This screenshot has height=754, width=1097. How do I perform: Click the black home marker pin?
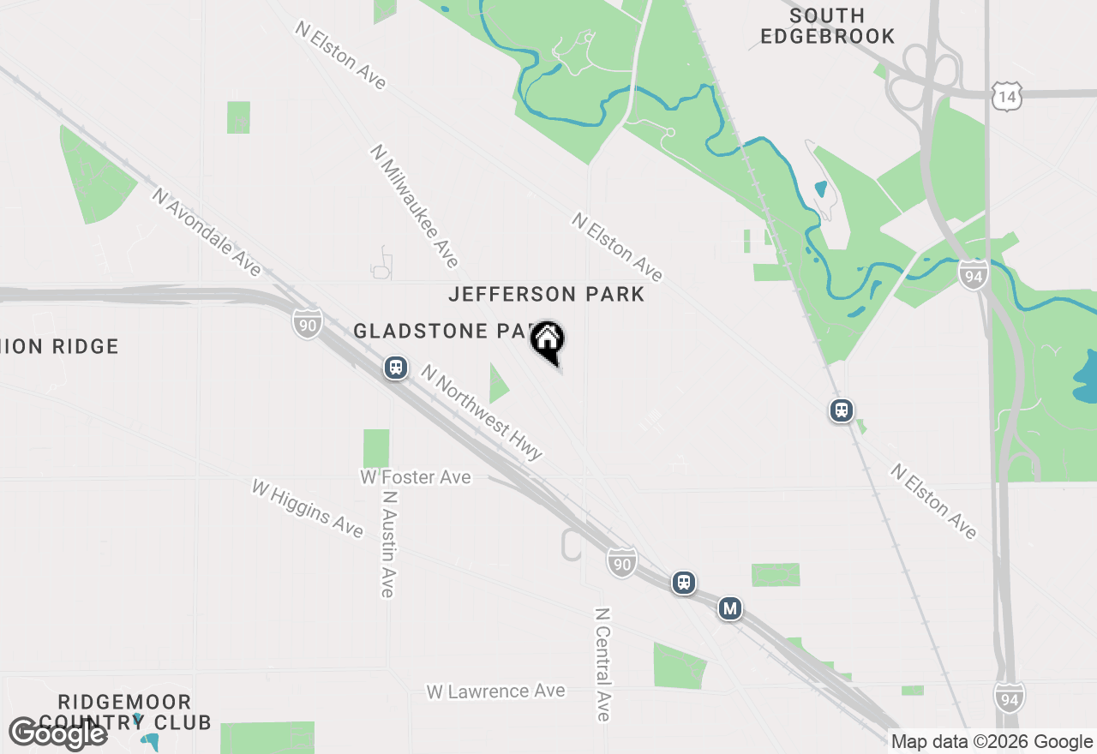pyautogui.click(x=547, y=340)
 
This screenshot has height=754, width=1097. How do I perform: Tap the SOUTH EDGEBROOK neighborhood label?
pyautogui.click(x=827, y=27)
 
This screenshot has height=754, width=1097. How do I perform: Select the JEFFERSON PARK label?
pyautogui.click(x=546, y=295)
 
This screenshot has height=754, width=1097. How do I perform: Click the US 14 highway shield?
pyautogui.click(x=1005, y=98)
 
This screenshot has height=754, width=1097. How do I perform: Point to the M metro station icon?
pyautogui.click(x=729, y=608)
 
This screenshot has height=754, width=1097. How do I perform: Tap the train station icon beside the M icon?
pyautogui.click(x=683, y=583)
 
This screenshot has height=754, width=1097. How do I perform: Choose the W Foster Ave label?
pyautogui.click(x=416, y=476)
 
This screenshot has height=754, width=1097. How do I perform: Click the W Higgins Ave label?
pyautogui.click(x=307, y=508)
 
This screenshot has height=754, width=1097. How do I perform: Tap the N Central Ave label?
pyautogui.click(x=603, y=664)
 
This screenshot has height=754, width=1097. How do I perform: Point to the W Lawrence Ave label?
pyautogui.click(x=495, y=691)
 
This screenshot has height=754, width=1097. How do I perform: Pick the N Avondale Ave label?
pyautogui.click(x=207, y=232)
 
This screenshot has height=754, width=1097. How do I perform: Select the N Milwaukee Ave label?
pyautogui.click(x=415, y=206)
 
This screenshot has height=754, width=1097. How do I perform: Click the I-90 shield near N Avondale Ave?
pyautogui.click(x=307, y=323)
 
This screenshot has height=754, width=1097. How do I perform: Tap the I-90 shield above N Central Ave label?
pyautogui.click(x=622, y=562)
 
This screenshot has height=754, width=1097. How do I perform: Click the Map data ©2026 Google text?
pyautogui.click(x=992, y=742)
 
